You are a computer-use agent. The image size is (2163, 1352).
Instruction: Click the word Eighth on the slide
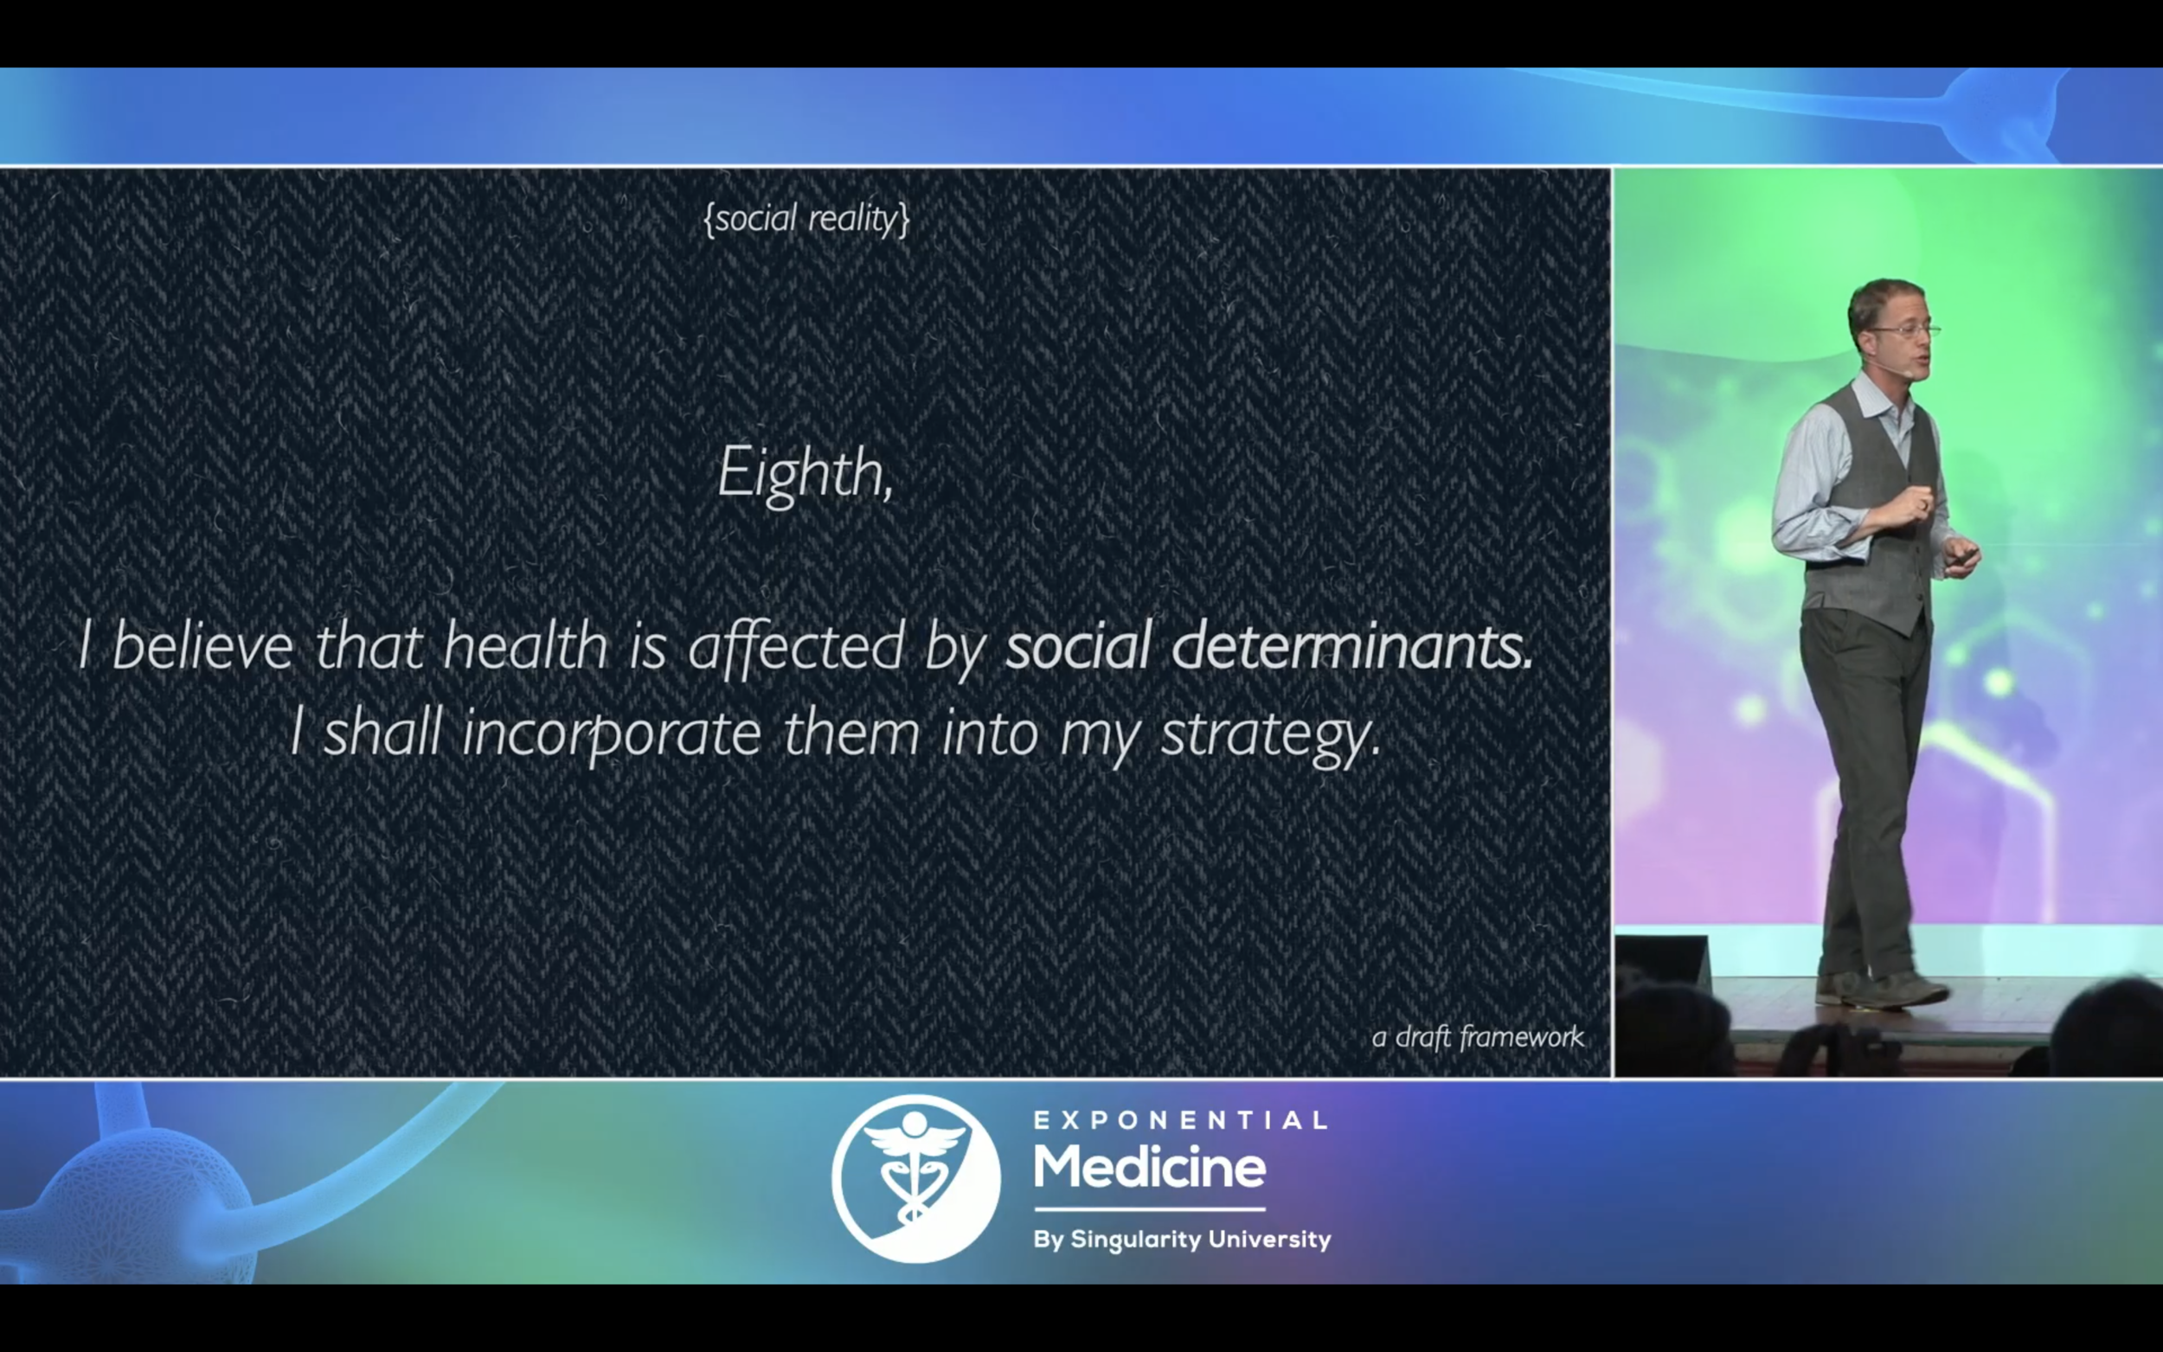click(x=805, y=475)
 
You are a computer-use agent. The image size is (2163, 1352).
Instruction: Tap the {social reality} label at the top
click(x=806, y=218)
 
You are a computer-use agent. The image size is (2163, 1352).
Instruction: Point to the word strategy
click(x=1271, y=736)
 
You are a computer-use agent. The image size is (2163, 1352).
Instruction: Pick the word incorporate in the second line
click(x=612, y=735)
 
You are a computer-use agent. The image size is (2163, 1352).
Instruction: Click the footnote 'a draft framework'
click(x=1477, y=1037)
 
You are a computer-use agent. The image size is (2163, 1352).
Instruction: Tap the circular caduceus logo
click(x=915, y=1178)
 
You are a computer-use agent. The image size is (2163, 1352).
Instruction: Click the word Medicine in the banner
click(x=1150, y=1168)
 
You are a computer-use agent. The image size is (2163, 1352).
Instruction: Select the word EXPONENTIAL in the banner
click(x=1180, y=1120)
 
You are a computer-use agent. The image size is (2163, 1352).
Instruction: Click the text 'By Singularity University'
click(x=1182, y=1240)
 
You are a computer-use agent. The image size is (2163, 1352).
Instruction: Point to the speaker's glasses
click(x=1904, y=330)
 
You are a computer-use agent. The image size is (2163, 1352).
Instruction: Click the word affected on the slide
click(x=796, y=646)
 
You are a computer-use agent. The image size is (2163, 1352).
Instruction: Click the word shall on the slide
click(x=382, y=734)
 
